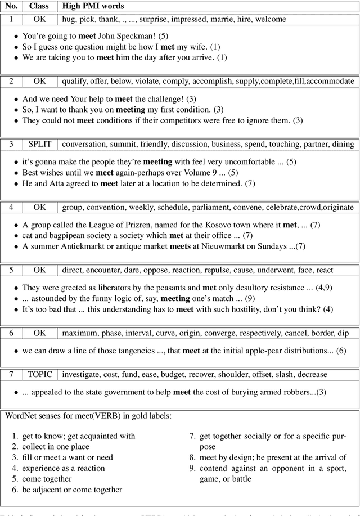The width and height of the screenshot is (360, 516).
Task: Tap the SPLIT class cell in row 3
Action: tap(40, 144)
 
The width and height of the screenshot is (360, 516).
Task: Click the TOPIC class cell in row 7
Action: tap(40, 373)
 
